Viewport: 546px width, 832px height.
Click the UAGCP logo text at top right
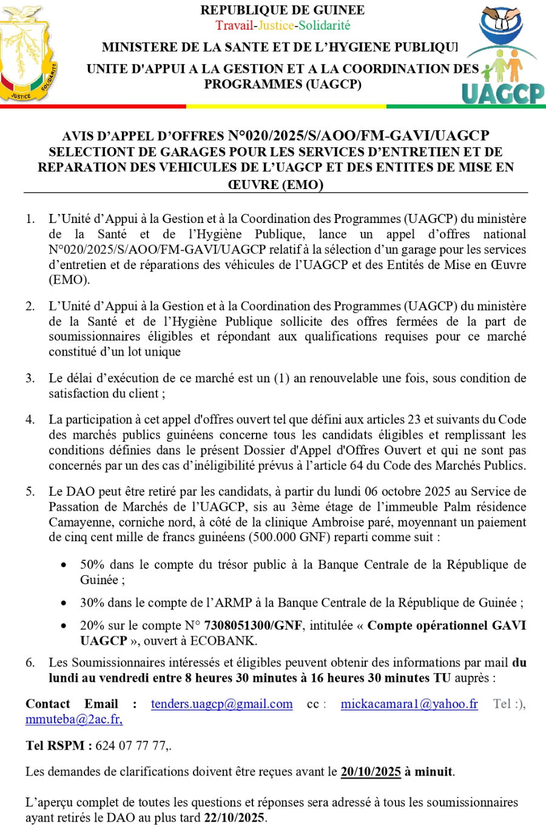point(503,93)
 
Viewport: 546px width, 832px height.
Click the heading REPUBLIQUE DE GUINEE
point(283,10)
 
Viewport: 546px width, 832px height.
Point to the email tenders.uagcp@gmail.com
point(221,704)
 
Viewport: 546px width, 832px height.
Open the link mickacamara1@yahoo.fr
point(409,704)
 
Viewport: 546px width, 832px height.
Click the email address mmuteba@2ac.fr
point(74,719)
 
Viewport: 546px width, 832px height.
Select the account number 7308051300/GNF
point(253,625)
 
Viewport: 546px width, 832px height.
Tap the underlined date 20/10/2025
point(371,772)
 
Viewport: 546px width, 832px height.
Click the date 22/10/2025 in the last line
point(234,817)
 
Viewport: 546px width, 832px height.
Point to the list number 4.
point(30,420)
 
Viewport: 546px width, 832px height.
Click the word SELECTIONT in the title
point(88,152)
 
